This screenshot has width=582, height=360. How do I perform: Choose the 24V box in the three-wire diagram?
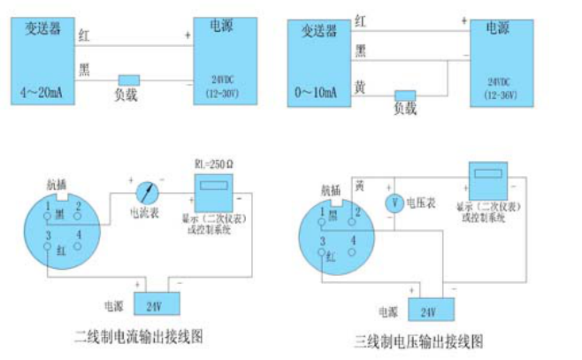[428, 311]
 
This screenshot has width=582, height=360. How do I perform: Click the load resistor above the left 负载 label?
[129, 80]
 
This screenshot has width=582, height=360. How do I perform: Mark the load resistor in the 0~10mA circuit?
[405, 94]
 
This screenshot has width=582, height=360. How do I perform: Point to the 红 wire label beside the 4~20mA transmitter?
[84, 36]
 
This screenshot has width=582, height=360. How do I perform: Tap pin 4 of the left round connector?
[78, 234]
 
